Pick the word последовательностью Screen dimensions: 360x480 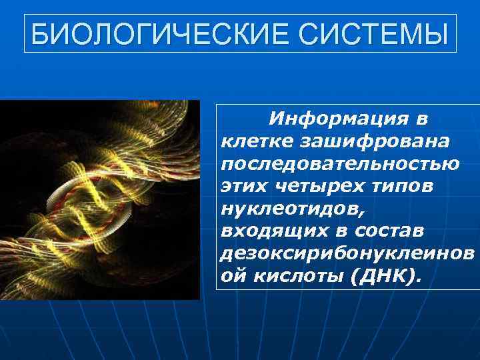pyautogui.click(x=339, y=163)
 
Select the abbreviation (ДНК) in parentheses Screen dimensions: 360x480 pyautogui.click(x=386, y=277)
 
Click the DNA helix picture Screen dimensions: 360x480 pyautogui.click(x=100, y=200)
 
